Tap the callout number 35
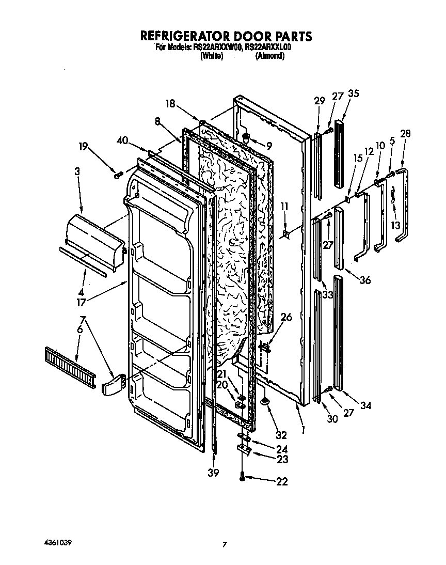click(x=354, y=94)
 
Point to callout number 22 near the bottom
click(x=281, y=482)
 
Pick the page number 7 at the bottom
click(x=225, y=544)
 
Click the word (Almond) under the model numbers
click(x=269, y=56)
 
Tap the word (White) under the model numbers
click(x=211, y=56)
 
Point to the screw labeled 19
click(x=118, y=176)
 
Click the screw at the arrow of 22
click(x=242, y=479)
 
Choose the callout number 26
click(x=285, y=317)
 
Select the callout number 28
click(x=405, y=133)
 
